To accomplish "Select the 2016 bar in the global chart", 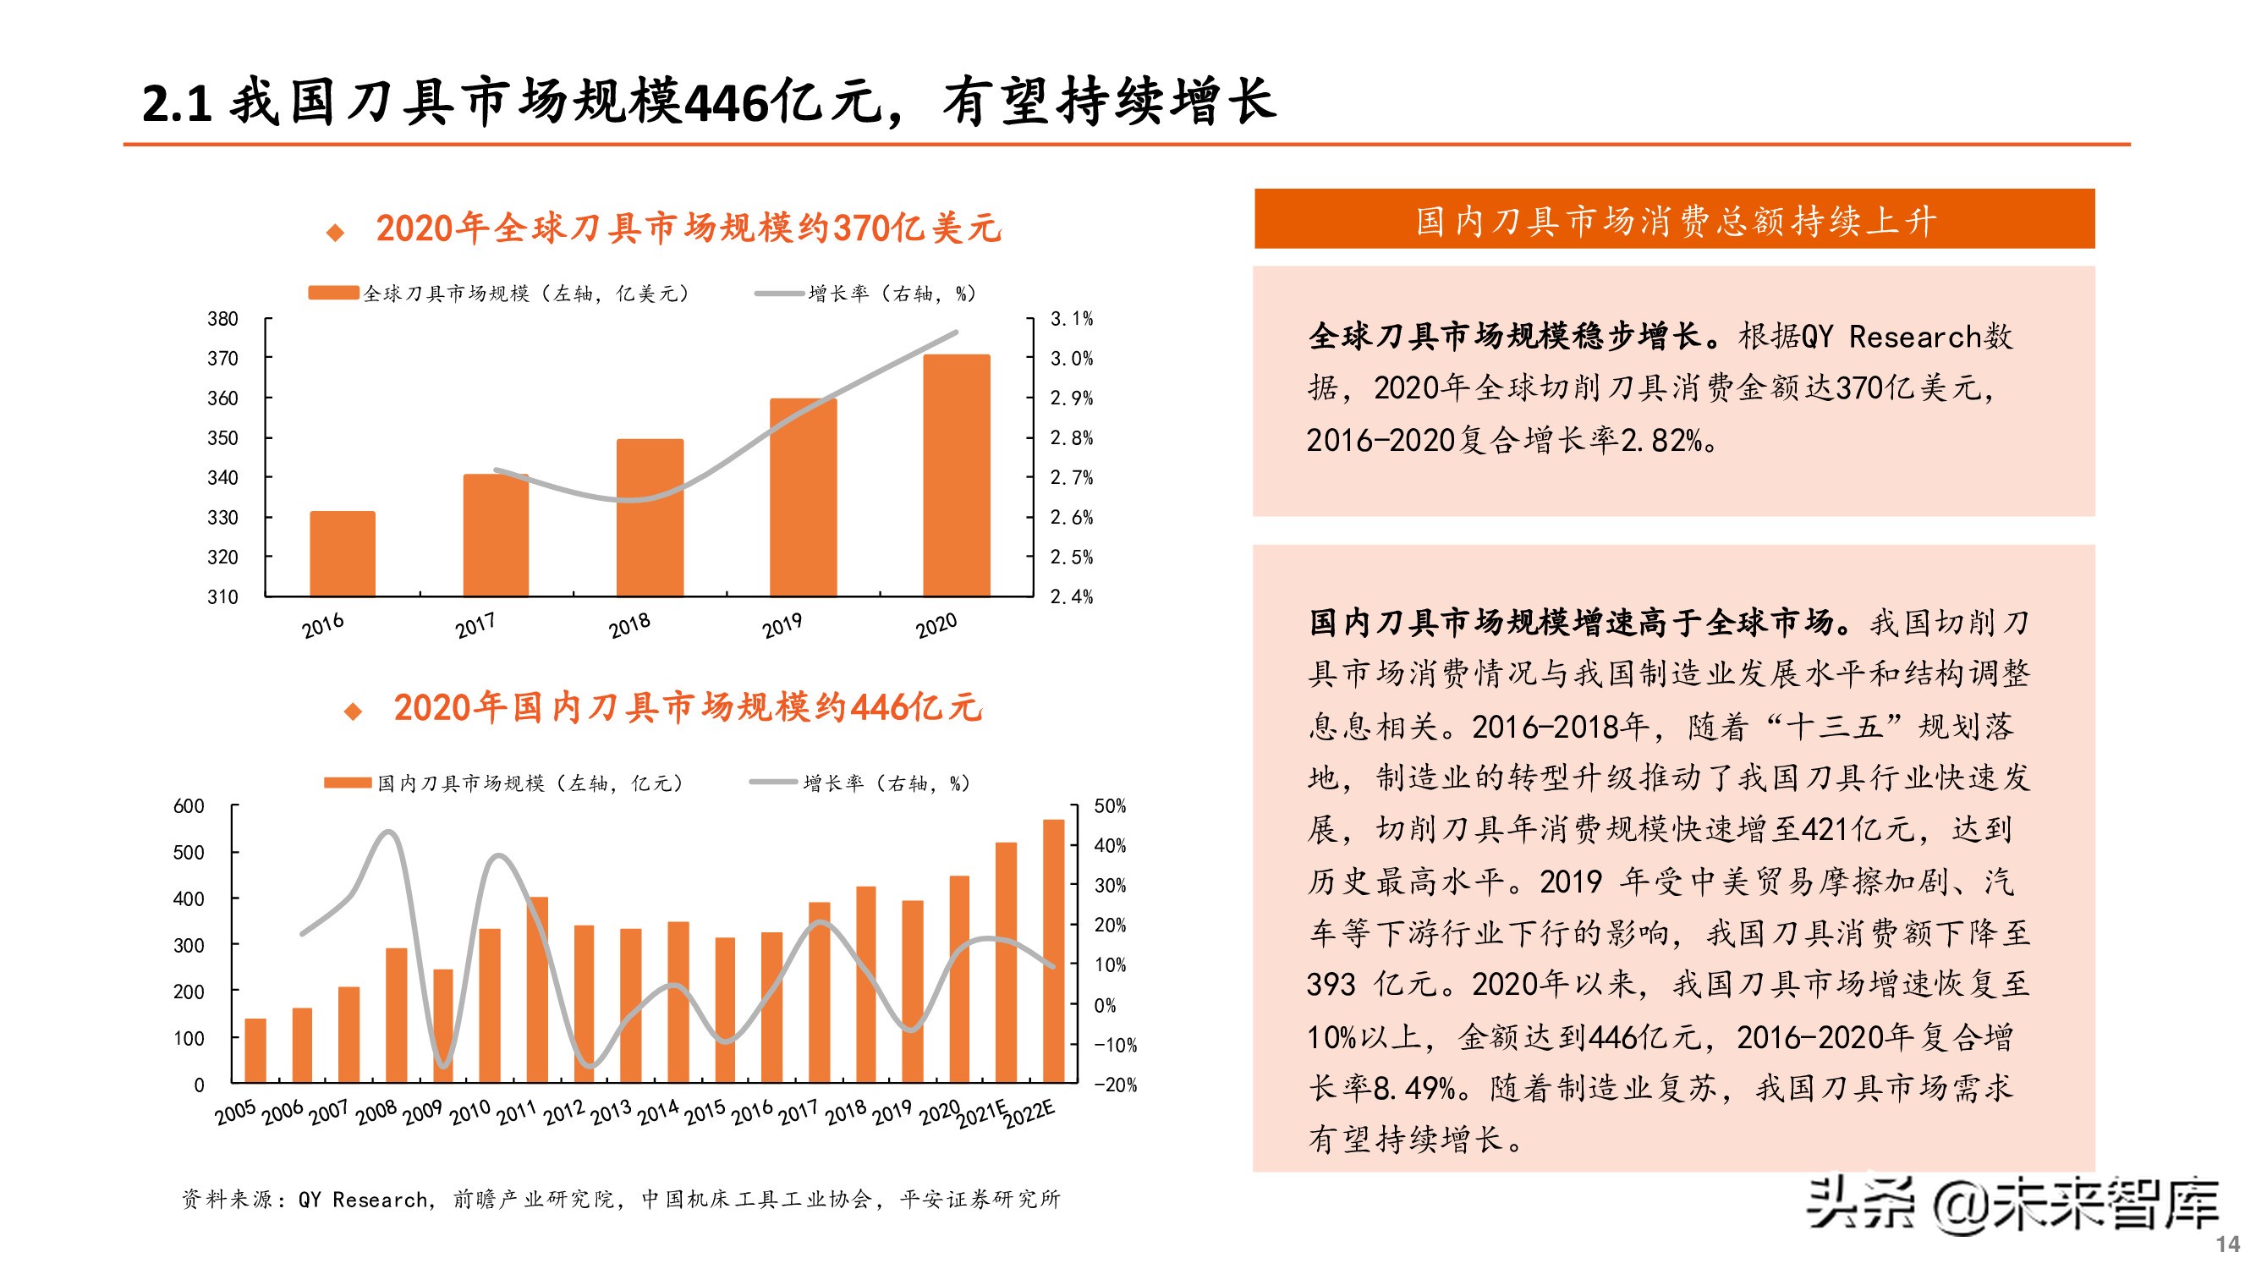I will coord(343,553).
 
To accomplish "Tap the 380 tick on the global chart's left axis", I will coord(222,319).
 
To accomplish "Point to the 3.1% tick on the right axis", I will coord(1071,319).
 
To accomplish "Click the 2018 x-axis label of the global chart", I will coord(628,625).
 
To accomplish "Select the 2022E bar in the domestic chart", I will coord(1052,951).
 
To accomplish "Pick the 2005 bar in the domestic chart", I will coord(255,1050).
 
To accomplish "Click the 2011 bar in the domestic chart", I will coord(537,990).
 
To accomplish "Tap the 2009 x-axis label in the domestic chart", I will coord(422,1112).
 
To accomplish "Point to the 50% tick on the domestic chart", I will coord(1110,805).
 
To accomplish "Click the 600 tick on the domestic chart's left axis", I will coord(189,805).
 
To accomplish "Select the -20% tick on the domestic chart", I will coord(1114,1085).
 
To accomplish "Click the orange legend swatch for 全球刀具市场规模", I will coord(333,293).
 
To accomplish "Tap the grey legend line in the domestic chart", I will coord(773,782).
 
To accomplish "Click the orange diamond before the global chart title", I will coord(336,232).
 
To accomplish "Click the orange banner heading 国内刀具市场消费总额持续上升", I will coord(1674,220).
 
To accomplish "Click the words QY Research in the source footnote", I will coord(363,1199).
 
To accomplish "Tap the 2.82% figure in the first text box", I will coord(1660,441).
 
